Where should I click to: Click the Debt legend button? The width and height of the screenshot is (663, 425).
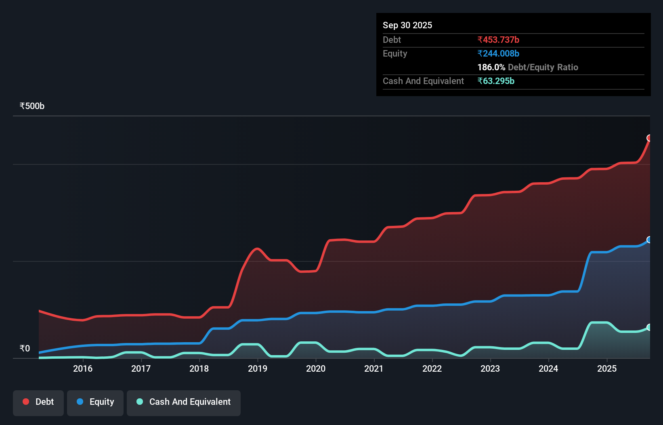[38, 402]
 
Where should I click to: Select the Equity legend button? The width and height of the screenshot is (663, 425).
[95, 402]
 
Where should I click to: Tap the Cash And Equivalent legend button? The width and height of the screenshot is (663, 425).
[184, 402]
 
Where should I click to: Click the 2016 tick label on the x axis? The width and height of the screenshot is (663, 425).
[83, 368]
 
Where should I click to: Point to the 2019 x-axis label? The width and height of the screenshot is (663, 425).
[258, 368]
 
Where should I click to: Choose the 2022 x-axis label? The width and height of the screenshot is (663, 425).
[432, 368]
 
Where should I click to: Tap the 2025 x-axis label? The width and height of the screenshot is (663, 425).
[607, 368]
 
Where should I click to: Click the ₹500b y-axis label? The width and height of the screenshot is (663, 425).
[32, 106]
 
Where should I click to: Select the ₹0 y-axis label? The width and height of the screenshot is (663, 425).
[25, 348]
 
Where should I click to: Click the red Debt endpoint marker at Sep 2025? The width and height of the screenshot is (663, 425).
[649, 138]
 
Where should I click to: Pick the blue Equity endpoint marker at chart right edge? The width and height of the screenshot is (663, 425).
[649, 240]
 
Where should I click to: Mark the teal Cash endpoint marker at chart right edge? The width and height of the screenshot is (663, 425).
[649, 327]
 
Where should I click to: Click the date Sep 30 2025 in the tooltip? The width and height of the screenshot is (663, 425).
[407, 25]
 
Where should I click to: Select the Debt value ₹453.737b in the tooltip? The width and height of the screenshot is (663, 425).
[498, 40]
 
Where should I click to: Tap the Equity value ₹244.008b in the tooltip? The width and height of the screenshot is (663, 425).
[498, 53]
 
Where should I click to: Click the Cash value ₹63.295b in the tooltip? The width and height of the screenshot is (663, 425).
[496, 81]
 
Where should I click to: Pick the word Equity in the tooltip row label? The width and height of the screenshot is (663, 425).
[395, 53]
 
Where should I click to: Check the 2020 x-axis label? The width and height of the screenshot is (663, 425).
[316, 368]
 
